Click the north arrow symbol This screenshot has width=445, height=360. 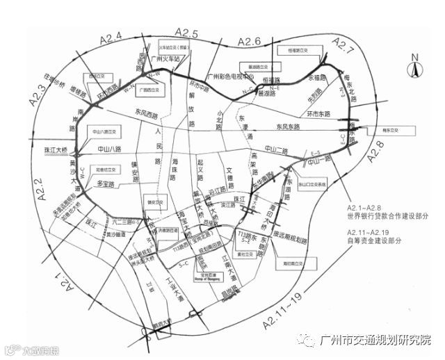coord(415,67)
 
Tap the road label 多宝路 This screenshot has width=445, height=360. coord(106,183)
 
